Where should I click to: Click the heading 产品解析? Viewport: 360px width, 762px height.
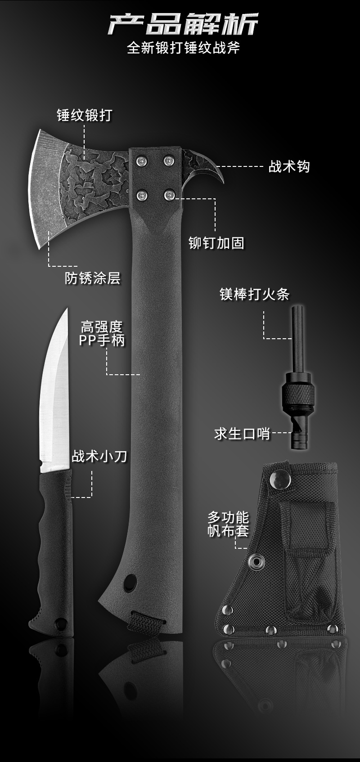183,24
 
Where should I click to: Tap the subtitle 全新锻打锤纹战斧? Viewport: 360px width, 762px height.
183,48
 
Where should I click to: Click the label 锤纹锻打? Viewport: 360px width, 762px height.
84,116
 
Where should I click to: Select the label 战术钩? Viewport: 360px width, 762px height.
289,167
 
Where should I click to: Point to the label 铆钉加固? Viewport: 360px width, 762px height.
216,243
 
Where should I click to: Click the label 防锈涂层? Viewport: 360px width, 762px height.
93,278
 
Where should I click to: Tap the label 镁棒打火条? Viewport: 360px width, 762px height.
254,295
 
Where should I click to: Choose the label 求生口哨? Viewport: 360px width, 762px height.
242,434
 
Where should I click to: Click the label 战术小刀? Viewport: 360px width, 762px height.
99,457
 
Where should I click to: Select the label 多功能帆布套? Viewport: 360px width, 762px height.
228,524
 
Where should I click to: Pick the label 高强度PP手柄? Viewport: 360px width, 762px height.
102,333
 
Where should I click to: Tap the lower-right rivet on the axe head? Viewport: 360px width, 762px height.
169,195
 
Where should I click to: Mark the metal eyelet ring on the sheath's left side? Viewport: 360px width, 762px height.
257,562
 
